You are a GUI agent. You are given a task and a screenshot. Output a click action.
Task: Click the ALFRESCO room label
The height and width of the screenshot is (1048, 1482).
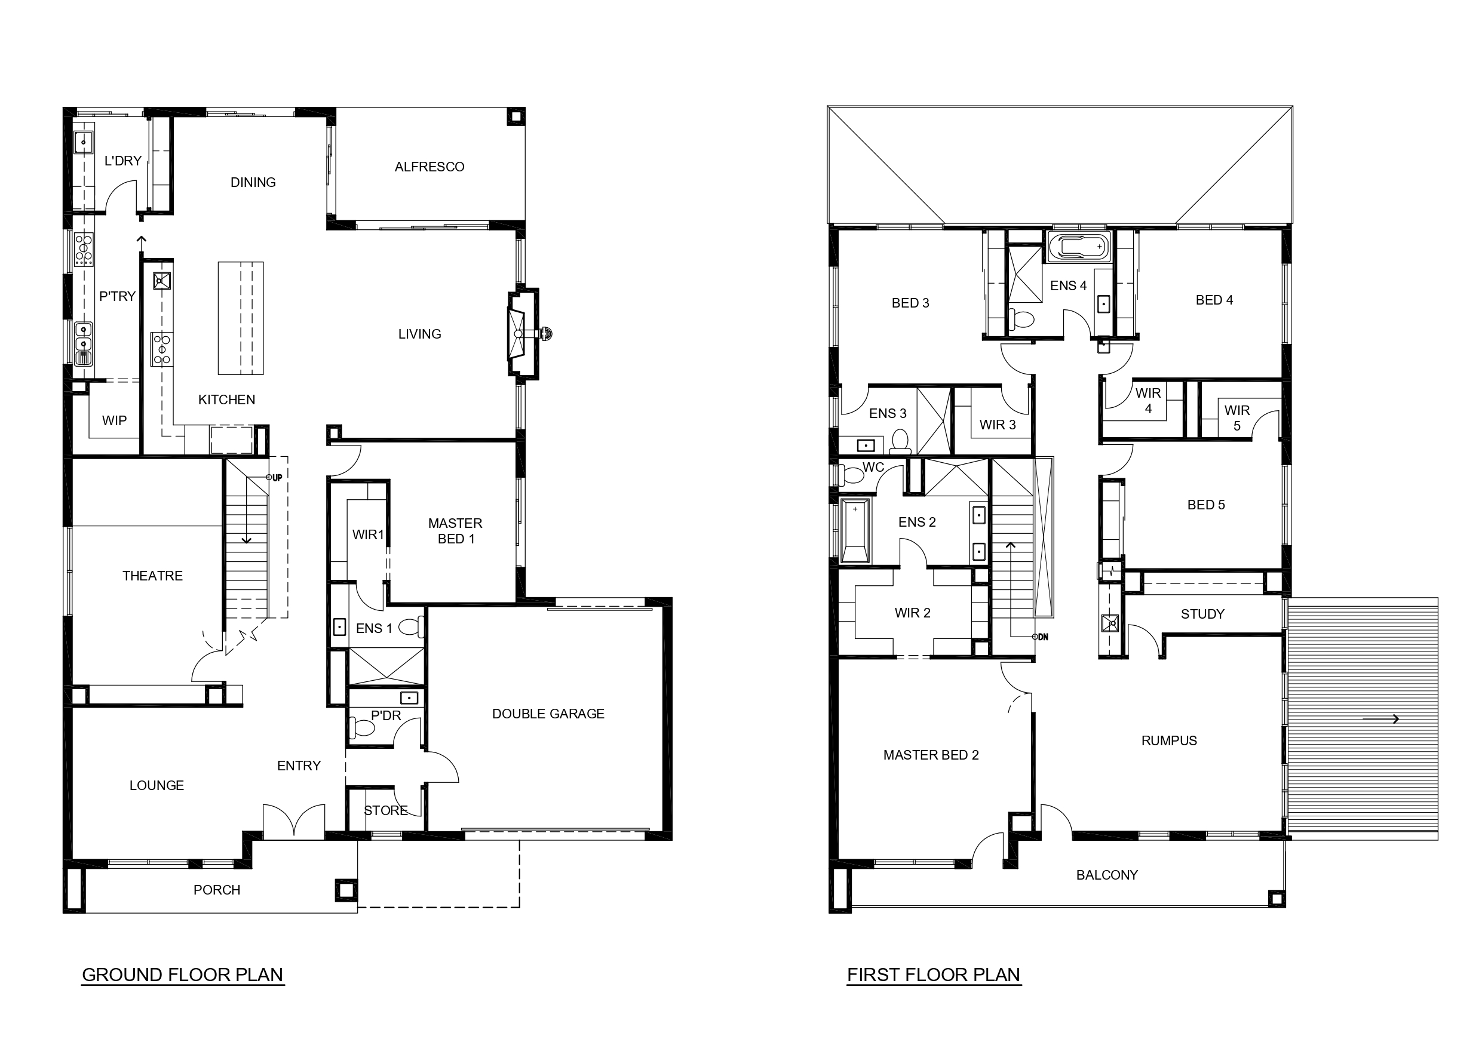[429, 167]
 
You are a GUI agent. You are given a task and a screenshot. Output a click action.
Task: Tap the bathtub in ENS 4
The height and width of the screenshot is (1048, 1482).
[1079, 247]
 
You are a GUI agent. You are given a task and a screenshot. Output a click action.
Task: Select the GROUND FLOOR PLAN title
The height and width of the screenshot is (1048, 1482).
[183, 975]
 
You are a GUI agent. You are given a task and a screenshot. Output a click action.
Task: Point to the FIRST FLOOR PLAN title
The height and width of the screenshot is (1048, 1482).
[934, 975]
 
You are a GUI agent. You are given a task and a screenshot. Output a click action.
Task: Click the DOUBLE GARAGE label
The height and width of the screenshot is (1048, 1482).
[548, 714]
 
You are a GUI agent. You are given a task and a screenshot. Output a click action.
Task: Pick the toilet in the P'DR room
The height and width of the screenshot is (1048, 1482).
[362, 728]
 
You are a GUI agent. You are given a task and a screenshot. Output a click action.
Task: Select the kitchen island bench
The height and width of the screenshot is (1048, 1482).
[241, 318]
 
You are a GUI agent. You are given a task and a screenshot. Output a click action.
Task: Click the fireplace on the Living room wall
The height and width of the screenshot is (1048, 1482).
[523, 334]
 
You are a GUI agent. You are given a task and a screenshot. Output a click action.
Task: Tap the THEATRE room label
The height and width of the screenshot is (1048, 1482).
[152, 576]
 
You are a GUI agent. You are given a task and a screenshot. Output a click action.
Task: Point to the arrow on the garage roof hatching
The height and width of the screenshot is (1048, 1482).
[1380, 719]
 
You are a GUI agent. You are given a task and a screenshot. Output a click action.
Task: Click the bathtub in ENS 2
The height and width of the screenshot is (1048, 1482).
[855, 530]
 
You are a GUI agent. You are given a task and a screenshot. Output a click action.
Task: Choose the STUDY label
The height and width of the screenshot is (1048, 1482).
[1202, 614]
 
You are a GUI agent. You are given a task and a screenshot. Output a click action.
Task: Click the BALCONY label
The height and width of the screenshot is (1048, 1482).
[1107, 875]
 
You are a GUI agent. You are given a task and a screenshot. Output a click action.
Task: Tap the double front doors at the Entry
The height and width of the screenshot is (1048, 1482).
[294, 822]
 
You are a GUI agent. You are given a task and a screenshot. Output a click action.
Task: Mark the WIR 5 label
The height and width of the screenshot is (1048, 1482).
[1236, 418]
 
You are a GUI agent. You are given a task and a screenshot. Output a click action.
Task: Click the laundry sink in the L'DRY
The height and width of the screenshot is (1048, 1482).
[83, 142]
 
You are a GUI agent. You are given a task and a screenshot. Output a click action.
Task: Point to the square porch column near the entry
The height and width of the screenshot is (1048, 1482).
[346, 890]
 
